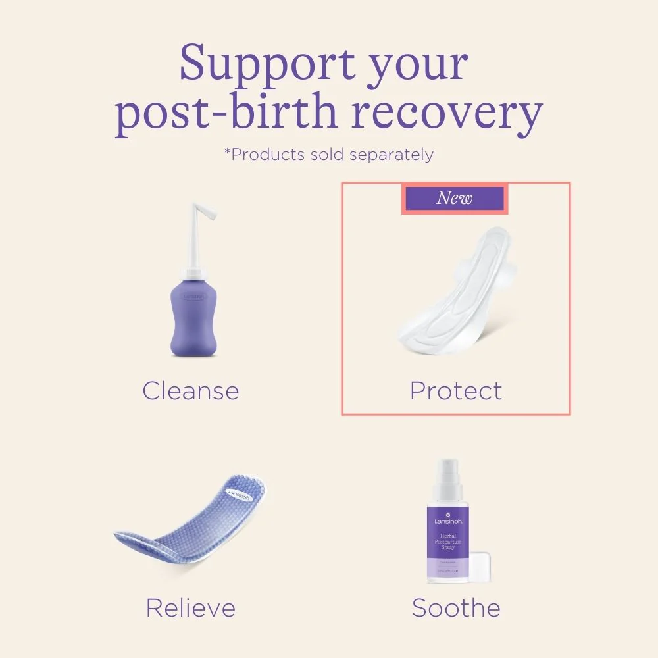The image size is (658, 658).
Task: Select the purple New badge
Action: click(454, 198)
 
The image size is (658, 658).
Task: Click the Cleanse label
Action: click(191, 391)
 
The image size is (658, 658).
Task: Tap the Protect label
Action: click(455, 391)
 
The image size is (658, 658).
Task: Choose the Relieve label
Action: click(191, 607)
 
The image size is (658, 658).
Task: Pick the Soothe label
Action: click(456, 607)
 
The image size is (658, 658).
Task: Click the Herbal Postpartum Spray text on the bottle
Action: click(451, 541)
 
